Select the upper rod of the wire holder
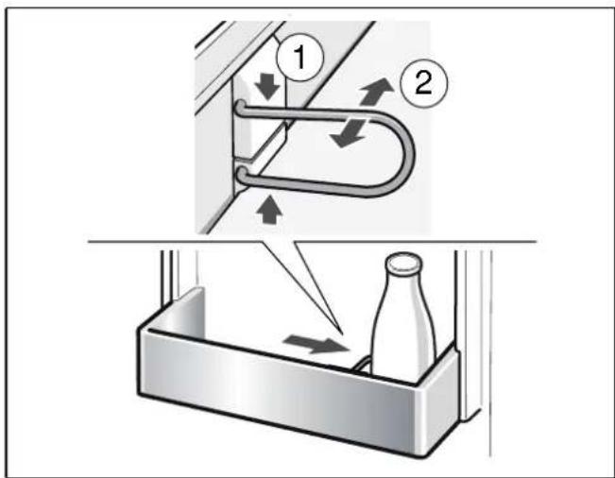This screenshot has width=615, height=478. [x=312, y=121]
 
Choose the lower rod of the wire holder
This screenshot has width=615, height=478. [x=312, y=179]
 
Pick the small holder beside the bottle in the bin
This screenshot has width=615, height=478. [x=360, y=362]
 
